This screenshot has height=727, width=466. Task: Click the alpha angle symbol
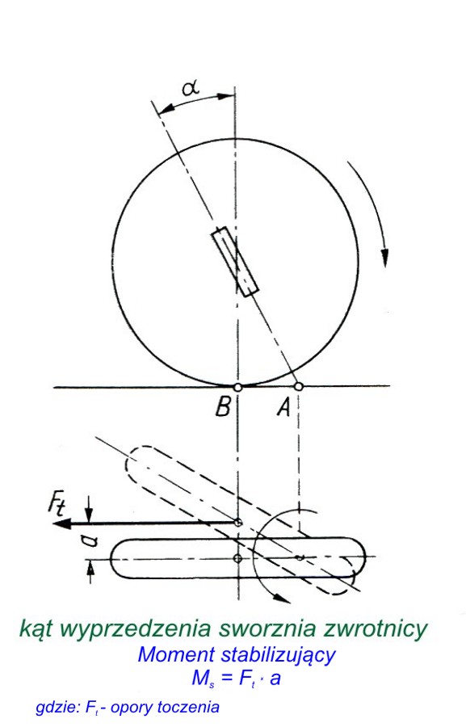[191, 86]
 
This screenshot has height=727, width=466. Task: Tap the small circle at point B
[237, 387]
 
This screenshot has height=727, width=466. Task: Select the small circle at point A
[299, 386]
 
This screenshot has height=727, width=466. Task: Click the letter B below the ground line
[223, 408]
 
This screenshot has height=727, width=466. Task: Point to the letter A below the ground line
[283, 408]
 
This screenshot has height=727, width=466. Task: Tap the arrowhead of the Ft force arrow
[61, 523]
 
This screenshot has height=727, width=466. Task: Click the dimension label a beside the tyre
[91, 540]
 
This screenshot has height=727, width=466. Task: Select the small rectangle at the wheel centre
[235, 262]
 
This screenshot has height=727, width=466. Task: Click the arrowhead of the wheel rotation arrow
[384, 258]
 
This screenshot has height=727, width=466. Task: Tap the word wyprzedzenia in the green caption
[134, 629]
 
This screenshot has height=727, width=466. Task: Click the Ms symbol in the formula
[203, 679]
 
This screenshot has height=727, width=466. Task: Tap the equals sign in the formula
[227, 679]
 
